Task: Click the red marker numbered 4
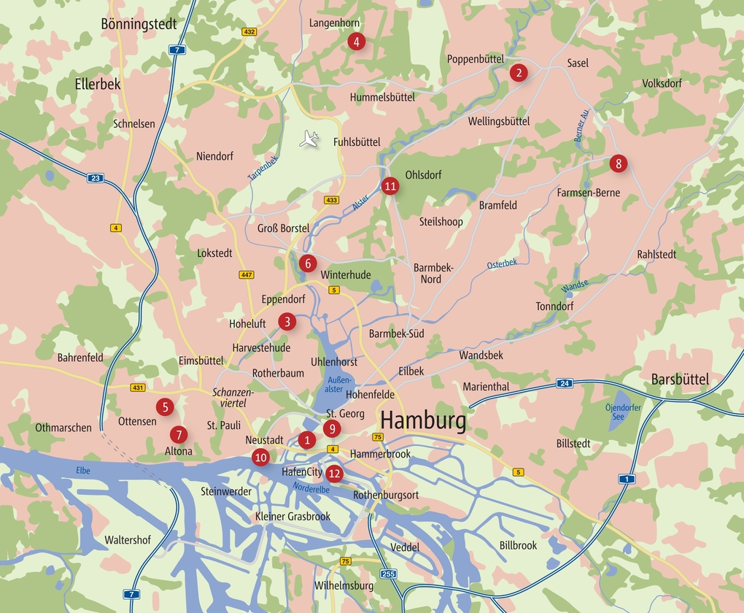point(356,41)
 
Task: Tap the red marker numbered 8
point(619,163)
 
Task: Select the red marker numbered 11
point(390,186)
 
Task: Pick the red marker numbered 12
point(335,473)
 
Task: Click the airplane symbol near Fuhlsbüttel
point(310,139)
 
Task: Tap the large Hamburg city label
point(423,421)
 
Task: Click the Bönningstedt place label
point(139,24)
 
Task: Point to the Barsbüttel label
point(680,379)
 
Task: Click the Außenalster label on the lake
point(339,385)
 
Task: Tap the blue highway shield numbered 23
point(95,177)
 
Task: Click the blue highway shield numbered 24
point(564,383)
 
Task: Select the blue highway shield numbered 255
point(388,574)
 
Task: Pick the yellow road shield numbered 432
point(249,32)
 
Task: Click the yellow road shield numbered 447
point(247,274)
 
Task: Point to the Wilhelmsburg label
point(344,586)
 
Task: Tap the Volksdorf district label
point(662,83)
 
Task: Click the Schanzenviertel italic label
point(233,397)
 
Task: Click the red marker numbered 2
point(518,72)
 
